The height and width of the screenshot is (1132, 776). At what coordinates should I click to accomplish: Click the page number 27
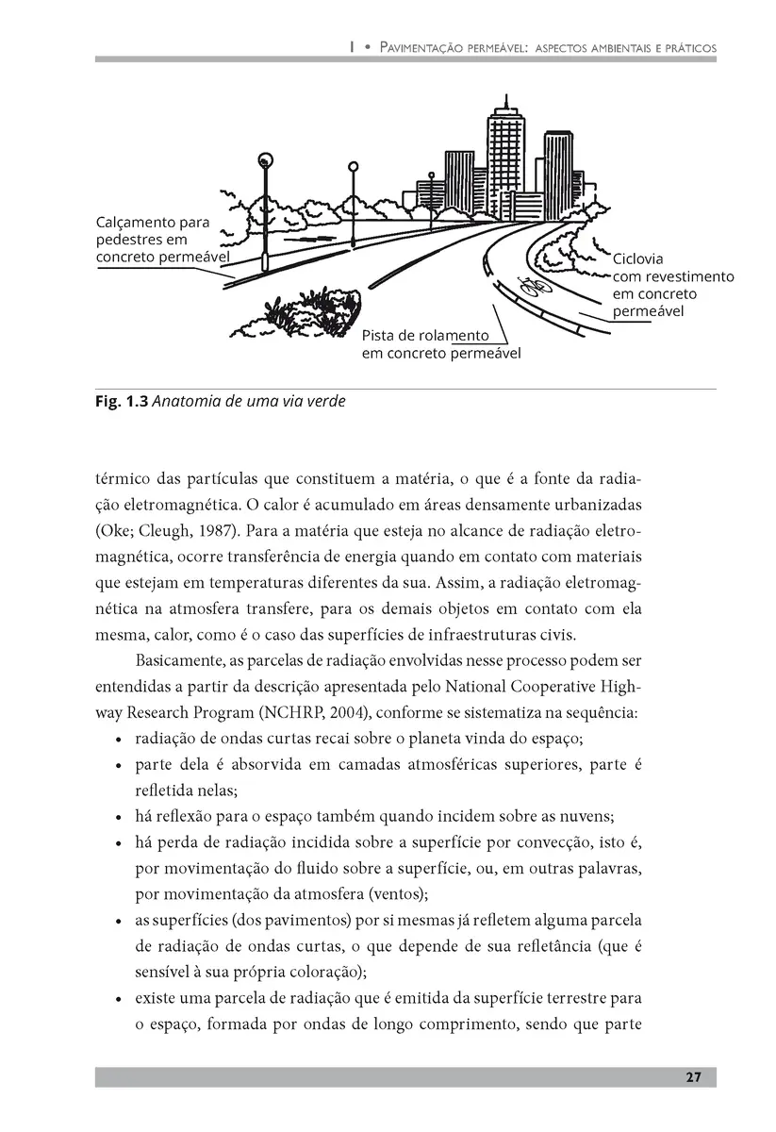point(693,1078)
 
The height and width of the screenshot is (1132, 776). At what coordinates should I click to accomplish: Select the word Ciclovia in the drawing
point(638,258)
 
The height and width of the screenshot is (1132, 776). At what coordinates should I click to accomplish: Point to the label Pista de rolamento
point(425,336)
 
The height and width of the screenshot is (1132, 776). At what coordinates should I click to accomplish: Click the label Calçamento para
point(152,223)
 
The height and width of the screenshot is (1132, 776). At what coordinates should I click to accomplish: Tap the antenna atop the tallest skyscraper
point(506,101)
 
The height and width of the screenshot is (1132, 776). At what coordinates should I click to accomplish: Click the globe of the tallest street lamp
point(266,160)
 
